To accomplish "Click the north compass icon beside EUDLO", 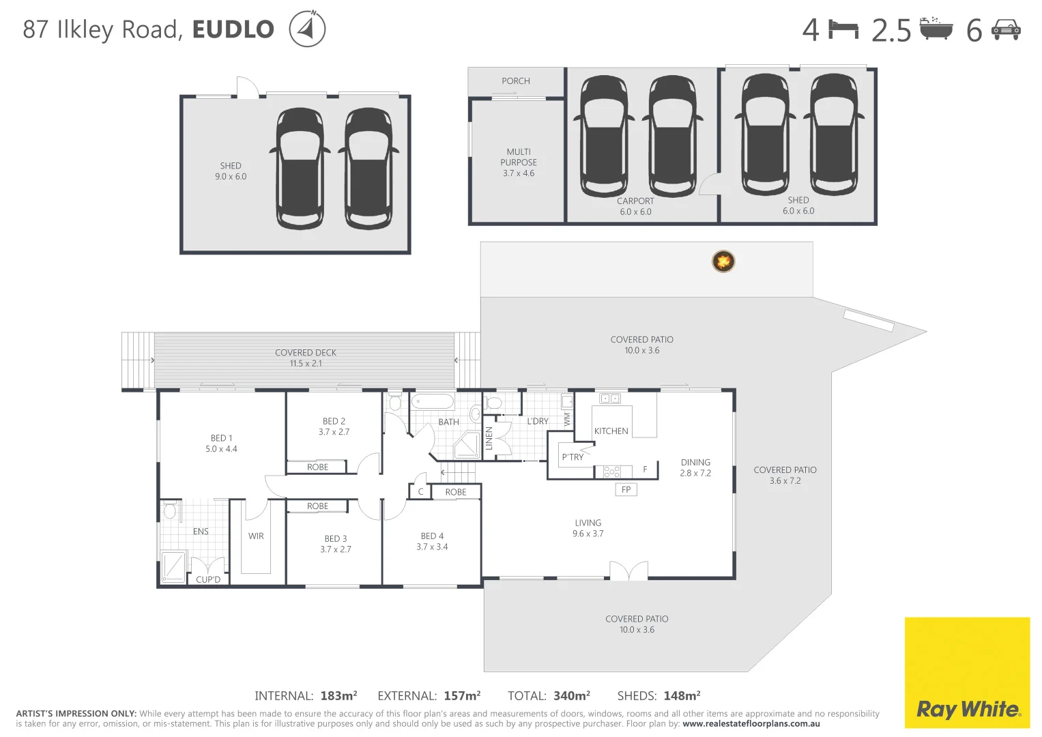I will click(307, 29).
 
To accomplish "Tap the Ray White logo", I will click(967, 709).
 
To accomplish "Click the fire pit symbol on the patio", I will click(723, 261).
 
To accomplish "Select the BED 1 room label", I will click(221, 444).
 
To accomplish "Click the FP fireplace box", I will click(626, 489).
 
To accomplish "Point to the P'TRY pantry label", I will click(573, 457).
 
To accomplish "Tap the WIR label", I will click(256, 536).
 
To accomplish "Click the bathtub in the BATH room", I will click(433, 401).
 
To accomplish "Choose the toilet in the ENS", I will click(170, 510).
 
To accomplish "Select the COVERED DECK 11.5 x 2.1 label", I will click(306, 358).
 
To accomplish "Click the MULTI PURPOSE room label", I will click(519, 162).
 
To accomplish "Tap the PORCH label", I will click(516, 81).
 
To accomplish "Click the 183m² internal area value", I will click(338, 696).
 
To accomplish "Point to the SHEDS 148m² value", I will click(682, 696).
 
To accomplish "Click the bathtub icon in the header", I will click(936, 29).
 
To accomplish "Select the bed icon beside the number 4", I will click(843, 29).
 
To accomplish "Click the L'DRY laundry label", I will click(538, 421).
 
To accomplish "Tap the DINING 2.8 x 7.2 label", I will click(695, 467).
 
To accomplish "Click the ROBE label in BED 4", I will click(456, 492).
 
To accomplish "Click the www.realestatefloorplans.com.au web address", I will click(751, 724).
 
